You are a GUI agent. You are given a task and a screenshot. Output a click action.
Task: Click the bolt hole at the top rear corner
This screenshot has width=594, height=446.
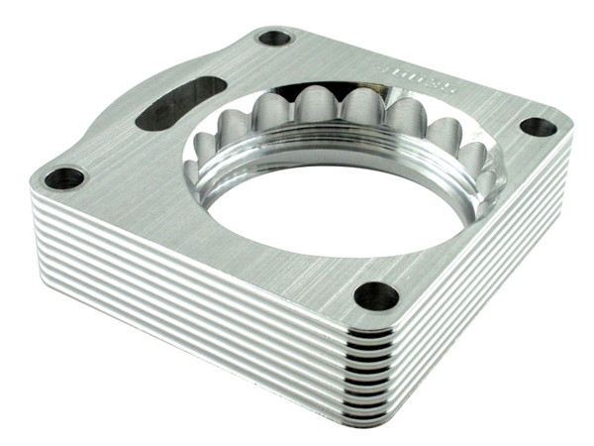[x=274, y=39]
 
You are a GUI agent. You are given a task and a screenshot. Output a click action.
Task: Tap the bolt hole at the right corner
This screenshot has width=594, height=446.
[x=539, y=127]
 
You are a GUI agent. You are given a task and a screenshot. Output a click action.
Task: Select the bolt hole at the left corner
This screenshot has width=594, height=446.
[x=65, y=178]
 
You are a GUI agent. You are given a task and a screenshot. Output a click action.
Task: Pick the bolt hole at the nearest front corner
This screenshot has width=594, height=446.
[x=376, y=295]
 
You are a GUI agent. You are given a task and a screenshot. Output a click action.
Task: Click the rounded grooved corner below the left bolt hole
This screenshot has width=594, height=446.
[x=45, y=213]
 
